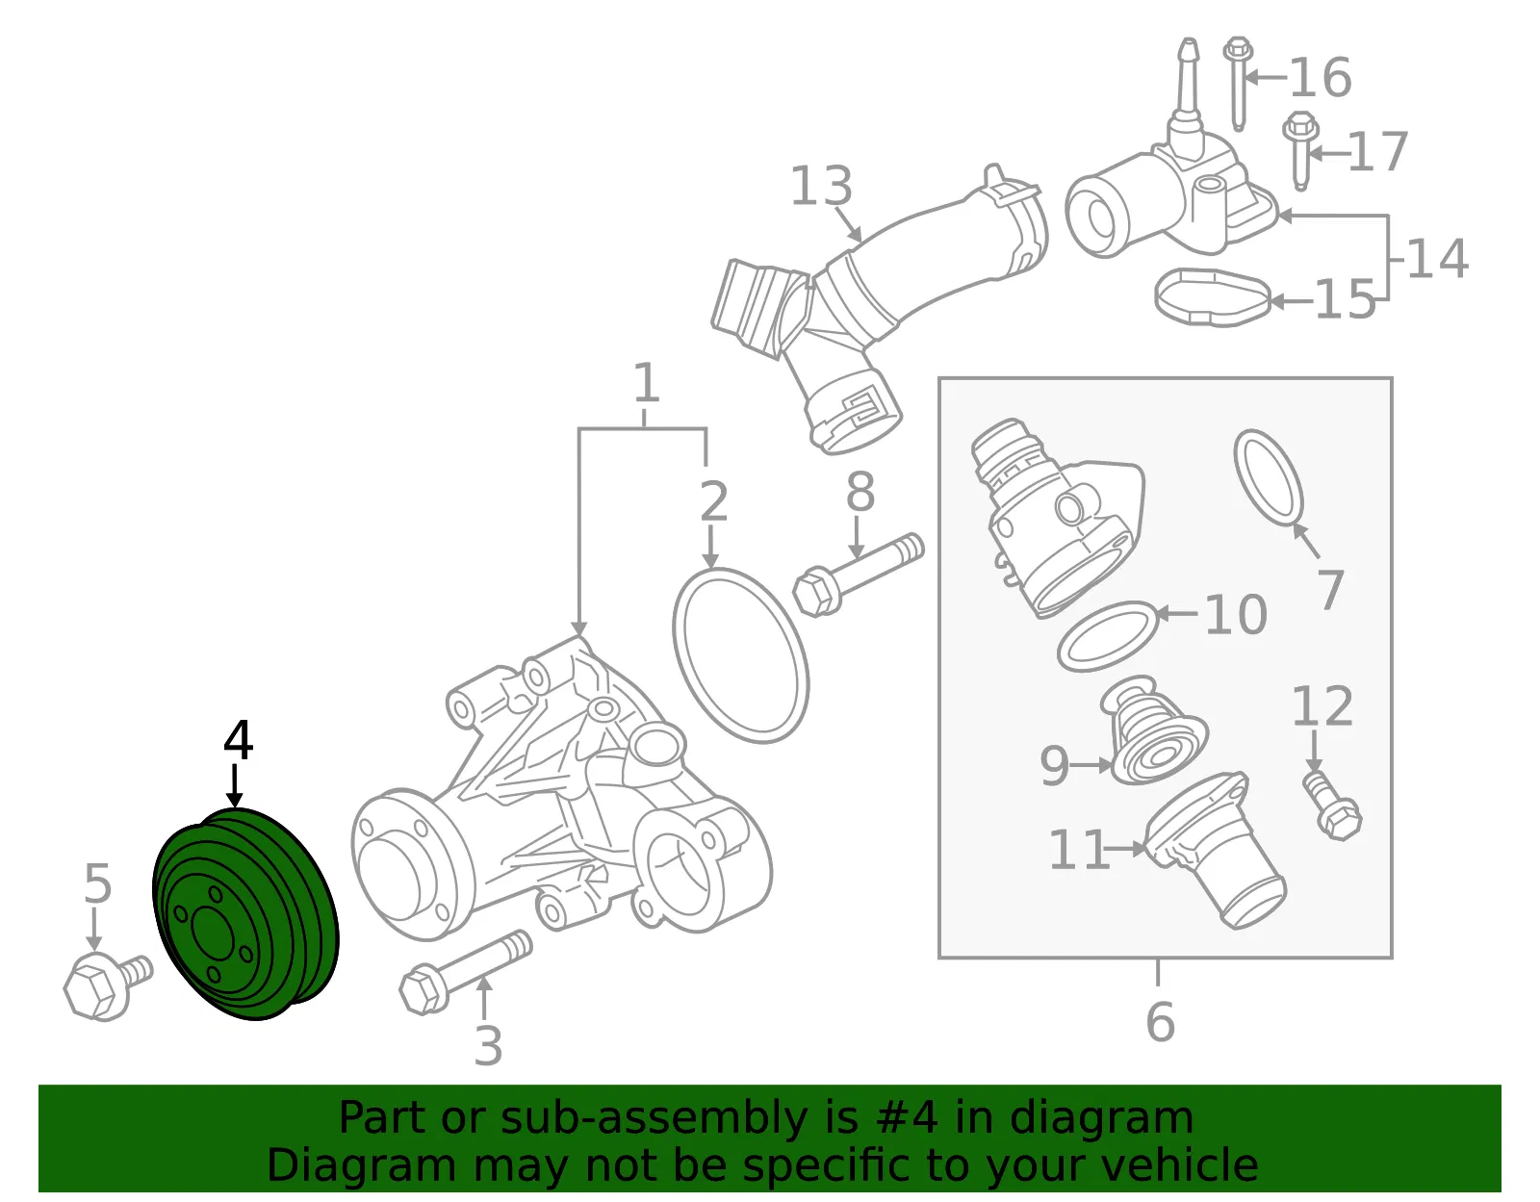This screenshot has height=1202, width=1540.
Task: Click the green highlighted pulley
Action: (x=245, y=913)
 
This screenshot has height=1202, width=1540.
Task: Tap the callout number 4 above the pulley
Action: (x=238, y=740)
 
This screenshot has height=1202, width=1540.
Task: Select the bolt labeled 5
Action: (x=107, y=985)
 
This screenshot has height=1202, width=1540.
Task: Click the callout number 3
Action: (x=488, y=1045)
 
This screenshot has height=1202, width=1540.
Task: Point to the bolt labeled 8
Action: (x=858, y=575)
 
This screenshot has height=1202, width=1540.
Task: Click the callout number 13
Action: (x=821, y=186)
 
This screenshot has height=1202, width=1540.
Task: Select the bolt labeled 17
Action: (x=1299, y=149)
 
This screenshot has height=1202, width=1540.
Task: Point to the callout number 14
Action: (x=1436, y=258)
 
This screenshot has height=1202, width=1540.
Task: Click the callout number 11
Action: (x=1078, y=849)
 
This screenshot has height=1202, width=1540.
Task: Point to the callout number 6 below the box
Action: (x=1160, y=1021)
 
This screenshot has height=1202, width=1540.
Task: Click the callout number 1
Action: (x=646, y=382)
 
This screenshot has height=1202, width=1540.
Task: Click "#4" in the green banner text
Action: (x=907, y=1117)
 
